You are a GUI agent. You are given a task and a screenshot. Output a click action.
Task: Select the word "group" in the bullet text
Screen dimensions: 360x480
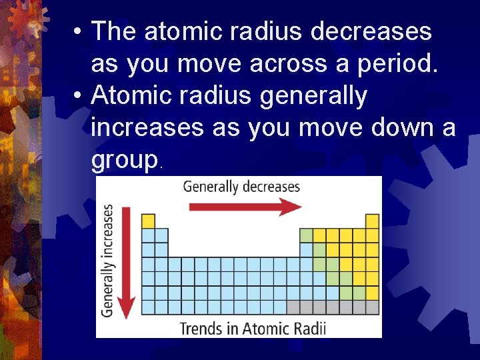[x=125, y=159]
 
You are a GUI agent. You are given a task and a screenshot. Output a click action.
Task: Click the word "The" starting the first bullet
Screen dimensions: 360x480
[x=114, y=31]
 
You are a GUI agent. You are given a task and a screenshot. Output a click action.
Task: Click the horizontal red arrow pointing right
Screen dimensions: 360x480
[x=245, y=207]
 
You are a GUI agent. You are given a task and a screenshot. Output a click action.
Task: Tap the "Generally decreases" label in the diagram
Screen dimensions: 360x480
[x=241, y=187]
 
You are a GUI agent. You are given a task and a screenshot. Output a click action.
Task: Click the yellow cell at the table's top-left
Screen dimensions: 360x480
[x=148, y=221]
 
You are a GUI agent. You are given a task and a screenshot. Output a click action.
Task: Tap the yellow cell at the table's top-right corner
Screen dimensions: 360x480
[x=372, y=221]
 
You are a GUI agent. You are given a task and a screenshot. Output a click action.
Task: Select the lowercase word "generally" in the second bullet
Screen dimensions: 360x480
[x=313, y=96]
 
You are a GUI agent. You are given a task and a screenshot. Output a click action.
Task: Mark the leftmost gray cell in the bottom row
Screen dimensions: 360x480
[x=293, y=307]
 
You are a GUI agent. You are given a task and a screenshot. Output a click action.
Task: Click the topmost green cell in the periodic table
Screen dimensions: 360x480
[x=306, y=235]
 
